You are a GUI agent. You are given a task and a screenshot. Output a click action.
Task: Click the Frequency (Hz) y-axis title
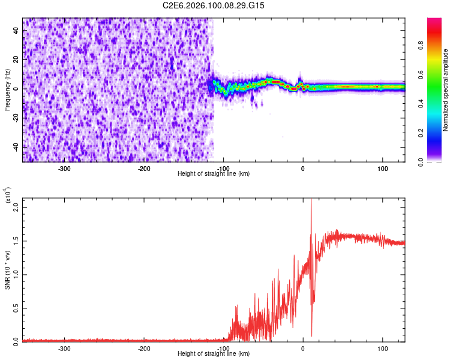pyautogui.click(x=8, y=89)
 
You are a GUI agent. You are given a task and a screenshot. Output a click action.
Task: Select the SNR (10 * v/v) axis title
pyautogui.click(x=8, y=269)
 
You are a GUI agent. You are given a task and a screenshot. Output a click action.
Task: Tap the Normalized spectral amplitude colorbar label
pyautogui.click(x=445, y=89)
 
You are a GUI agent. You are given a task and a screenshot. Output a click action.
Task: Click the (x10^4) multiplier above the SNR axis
pyautogui.click(x=9, y=196)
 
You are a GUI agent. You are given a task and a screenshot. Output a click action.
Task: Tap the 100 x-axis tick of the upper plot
pyautogui.click(x=382, y=168)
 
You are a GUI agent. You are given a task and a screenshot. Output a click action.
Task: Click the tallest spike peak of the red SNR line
pyautogui.click(x=311, y=200)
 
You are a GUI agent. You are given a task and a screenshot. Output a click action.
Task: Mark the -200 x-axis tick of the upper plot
pyautogui.click(x=144, y=168)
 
